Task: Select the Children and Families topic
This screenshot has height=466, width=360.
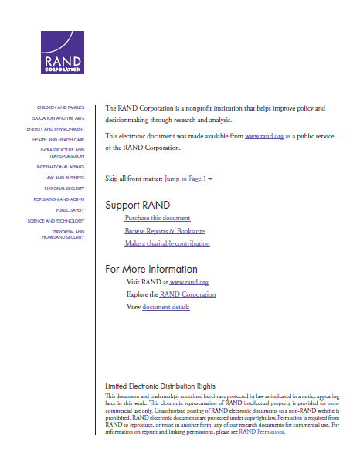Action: [60, 107]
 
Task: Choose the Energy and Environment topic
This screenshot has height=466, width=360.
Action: [56, 128]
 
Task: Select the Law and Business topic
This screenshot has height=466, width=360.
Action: [65, 177]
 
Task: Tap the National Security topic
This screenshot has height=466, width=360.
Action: [64, 188]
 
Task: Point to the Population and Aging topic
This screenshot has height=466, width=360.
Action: [59, 199]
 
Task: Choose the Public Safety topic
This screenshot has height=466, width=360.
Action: [70, 209]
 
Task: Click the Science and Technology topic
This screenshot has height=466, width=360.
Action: [56, 220]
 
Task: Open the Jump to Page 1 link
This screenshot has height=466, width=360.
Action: [185, 179]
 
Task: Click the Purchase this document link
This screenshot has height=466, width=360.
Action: [158, 219]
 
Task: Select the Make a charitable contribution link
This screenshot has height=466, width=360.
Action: [167, 243]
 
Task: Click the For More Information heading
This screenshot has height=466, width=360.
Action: [151, 269]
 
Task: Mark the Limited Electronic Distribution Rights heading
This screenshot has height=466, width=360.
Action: [160, 386]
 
